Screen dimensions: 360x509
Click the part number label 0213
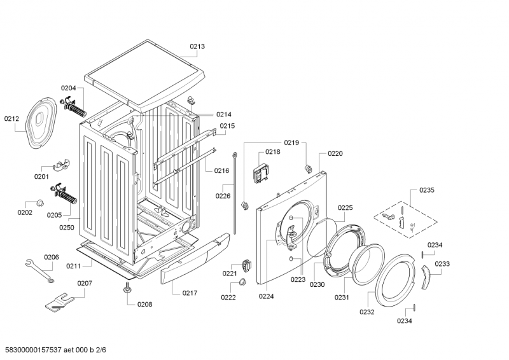pos(197,46)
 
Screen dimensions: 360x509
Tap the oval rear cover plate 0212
pos(39,123)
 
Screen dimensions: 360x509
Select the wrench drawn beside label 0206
pos(39,270)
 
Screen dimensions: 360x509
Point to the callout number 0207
pos(84,283)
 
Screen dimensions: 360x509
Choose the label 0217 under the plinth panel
pos(190,293)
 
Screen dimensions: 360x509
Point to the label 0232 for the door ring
pos(366,312)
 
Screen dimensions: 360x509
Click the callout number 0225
pos(345,207)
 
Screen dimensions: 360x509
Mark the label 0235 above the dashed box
pos(426,190)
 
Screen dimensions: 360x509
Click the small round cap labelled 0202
pos(39,202)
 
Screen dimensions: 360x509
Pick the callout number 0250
pos(67,226)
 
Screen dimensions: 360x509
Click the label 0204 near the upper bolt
pos(68,88)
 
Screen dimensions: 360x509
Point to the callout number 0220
pos(335,153)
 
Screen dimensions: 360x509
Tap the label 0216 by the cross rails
pos(221,171)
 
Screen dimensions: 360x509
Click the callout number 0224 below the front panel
pos(267,296)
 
